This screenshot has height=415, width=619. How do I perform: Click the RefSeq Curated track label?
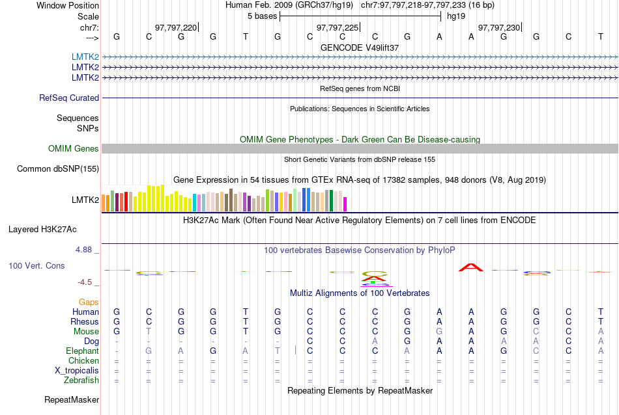tap(69, 98)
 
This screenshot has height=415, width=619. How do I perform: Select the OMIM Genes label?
tap(74, 149)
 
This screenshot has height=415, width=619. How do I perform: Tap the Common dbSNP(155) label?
tap(58, 169)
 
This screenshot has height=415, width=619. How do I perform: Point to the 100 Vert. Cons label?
tap(36, 266)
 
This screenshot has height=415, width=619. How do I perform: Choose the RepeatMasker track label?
tap(72, 399)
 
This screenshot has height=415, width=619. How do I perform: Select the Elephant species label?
tap(82, 351)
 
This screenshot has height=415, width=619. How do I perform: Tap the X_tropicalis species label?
tap(77, 371)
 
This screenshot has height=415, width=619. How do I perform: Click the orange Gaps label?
tap(89, 302)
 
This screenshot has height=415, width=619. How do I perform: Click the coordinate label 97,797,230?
tap(499, 27)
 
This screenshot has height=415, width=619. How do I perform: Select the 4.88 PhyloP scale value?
tap(87, 250)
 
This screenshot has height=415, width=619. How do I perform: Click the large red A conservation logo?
tap(470, 266)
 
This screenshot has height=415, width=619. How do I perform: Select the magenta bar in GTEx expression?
tap(345, 204)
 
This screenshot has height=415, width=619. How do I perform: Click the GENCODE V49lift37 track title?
tap(360, 47)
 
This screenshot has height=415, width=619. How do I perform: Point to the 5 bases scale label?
tap(262, 16)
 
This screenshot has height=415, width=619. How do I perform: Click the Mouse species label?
tap(86, 332)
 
